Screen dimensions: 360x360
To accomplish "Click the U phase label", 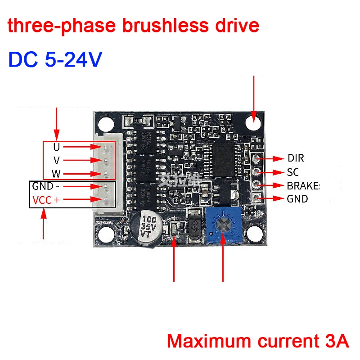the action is [x=56, y=147].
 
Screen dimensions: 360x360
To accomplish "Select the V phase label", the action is [x=56, y=161].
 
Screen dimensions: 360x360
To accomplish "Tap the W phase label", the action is [x=56, y=174].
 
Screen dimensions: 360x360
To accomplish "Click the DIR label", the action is [x=295, y=158].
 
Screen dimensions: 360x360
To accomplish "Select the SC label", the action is [x=292, y=172].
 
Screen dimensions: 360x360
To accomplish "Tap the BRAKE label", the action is [x=302, y=185].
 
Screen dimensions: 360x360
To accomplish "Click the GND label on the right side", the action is [x=297, y=198].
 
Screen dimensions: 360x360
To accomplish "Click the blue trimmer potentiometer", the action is [x=223, y=225].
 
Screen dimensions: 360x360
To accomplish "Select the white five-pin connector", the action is [x=104, y=173].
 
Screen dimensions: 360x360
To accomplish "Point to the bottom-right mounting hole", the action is [x=255, y=234].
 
